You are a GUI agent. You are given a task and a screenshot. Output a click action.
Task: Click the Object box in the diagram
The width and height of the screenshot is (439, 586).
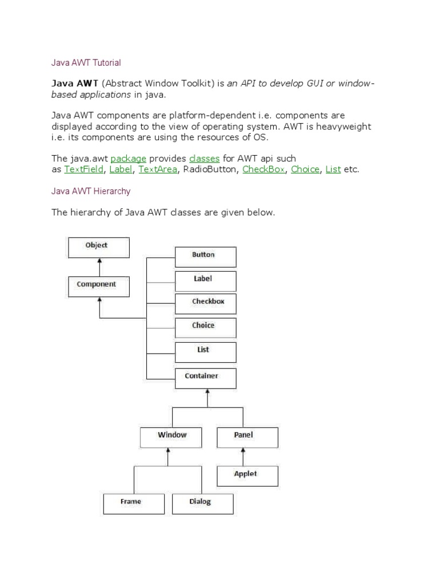pos(99,247)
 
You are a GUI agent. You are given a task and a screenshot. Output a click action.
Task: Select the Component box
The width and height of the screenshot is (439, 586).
pos(99,286)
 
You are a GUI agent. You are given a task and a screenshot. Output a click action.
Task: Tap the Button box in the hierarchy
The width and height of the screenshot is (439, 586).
pos(205,256)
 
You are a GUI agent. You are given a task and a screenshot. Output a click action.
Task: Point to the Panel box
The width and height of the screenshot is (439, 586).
pos(248,437)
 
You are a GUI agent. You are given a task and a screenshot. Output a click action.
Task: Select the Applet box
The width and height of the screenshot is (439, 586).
pos(248,476)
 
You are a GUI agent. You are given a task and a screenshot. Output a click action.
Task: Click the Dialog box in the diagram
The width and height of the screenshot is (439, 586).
pos(202,504)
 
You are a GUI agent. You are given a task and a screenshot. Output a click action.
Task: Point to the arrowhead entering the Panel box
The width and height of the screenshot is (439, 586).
pos(244,450)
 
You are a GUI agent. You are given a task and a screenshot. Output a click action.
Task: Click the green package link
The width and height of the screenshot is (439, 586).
pos(129,158)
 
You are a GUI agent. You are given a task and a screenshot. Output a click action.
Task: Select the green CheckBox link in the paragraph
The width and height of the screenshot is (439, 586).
pos(264,169)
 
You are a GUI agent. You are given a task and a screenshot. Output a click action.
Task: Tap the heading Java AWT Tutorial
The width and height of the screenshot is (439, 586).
pos(86,62)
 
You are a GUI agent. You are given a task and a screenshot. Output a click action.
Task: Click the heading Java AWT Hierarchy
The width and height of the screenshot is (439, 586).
pos(91,191)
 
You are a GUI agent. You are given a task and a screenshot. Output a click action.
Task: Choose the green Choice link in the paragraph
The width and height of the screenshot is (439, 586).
pos(305,169)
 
